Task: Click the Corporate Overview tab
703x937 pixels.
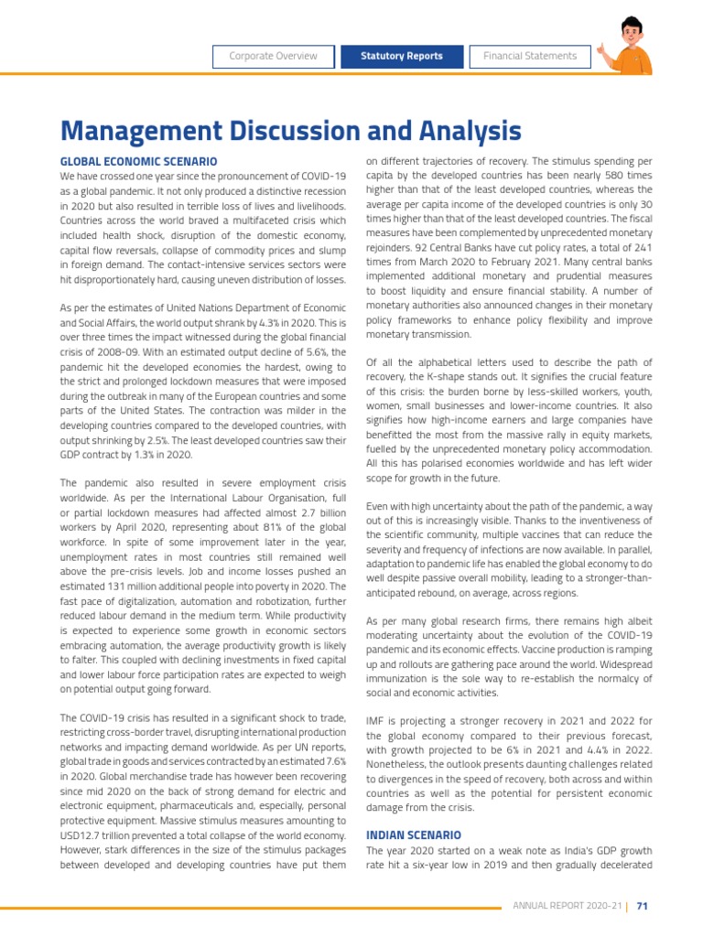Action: pos(273,56)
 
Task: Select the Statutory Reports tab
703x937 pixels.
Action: pos(403,56)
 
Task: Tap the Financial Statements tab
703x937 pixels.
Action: pos(530,56)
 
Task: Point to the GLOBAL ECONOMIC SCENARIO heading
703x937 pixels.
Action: pos(138,162)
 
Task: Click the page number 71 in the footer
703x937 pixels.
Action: pos(643,906)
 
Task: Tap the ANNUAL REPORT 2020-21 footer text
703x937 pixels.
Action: pos(567,906)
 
